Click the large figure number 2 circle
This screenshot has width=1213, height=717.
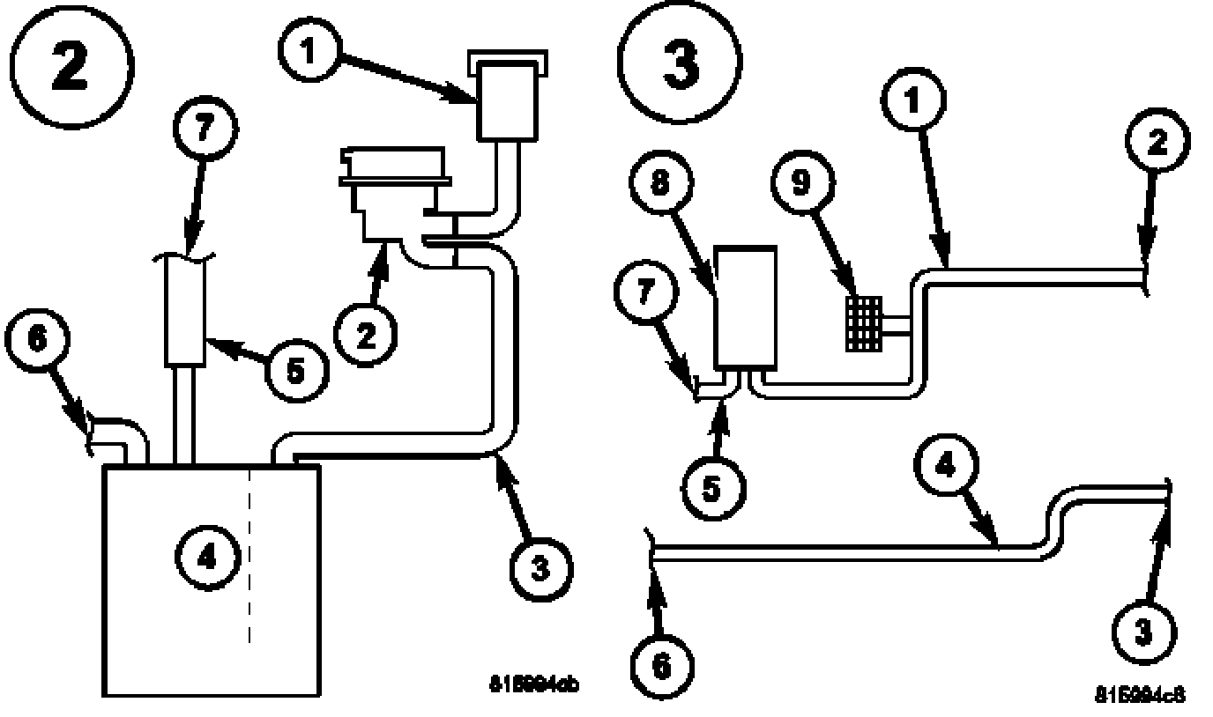70,69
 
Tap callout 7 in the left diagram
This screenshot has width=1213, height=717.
203,129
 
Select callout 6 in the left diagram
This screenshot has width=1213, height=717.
37,340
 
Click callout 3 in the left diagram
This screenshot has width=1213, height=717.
540,569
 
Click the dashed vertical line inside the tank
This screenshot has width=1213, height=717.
251,555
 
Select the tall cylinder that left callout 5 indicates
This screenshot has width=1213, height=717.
186,313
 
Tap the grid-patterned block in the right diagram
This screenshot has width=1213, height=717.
863,323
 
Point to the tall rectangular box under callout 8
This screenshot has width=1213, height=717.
746,307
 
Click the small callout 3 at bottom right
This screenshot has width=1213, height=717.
1143,632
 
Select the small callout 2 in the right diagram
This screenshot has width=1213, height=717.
1157,142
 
